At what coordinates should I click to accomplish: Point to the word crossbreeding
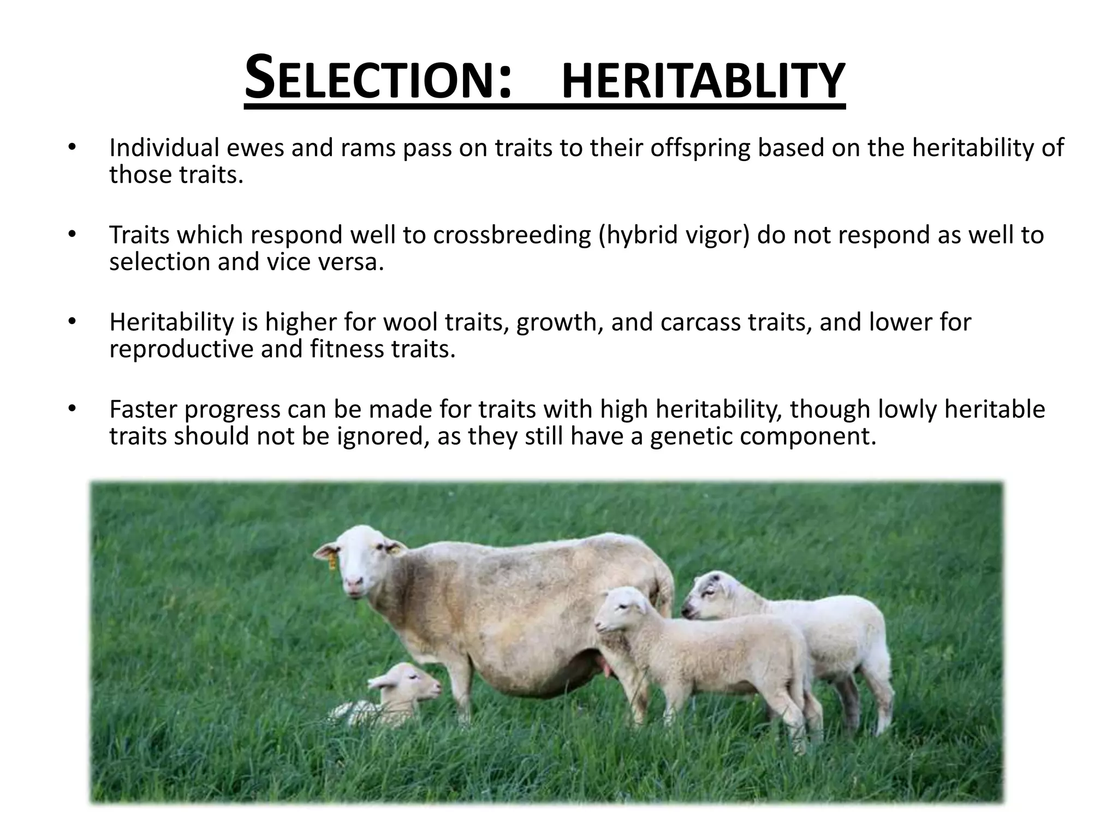point(512,235)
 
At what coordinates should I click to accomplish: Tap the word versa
point(355,262)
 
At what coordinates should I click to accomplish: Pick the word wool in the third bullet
point(413,322)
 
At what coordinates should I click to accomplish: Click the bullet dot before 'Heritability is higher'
point(72,321)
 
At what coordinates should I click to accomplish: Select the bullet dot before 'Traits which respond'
point(72,235)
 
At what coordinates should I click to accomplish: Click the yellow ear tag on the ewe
point(331,560)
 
